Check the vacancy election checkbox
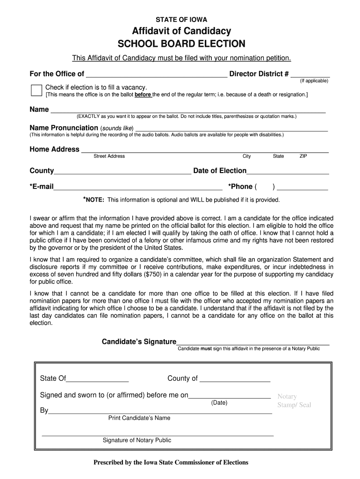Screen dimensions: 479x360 [x=36, y=90]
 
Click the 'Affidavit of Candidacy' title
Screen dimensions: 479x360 [x=181, y=31]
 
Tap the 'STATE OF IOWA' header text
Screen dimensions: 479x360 [x=181, y=20]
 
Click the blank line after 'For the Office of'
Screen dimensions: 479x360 [x=157, y=74]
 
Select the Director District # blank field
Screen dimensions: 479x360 [x=310, y=74]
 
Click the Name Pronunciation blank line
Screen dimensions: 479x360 [x=231, y=129]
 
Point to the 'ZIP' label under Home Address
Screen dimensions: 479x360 [x=303, y=156]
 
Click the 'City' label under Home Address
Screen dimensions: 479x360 [x=246, y=156]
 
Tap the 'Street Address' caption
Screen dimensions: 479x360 [x=109, y=156]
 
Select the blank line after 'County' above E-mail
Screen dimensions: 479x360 [x=122, y=172]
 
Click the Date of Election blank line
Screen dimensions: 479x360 [x=288, y=172]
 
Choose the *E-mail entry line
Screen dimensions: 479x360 [x=138, y=188]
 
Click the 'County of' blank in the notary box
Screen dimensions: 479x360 [x=235, y=379]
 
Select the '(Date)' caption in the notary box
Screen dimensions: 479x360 [x=219, y=403]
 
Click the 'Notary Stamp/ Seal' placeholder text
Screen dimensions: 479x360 [x=294, y=401]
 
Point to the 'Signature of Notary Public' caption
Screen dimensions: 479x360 [x=137, y=440]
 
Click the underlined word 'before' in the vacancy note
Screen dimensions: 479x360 [x=143, y=94]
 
